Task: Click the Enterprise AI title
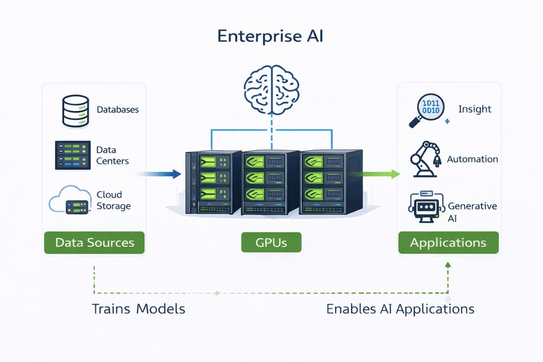[x=271, y=36]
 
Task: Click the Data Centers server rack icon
[x=72, y=155]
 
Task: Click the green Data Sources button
[x=94, y=242]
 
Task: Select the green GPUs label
[x=271, y=242]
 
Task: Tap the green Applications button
[x=448, y=242]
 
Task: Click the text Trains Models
[x=138, y=309]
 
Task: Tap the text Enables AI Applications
[x=400, y=309]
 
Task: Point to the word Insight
[x=475, y=109]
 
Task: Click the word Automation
[x=472, y=159]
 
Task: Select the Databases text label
[x=118, y=110]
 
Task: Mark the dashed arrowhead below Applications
[x=448, y=264]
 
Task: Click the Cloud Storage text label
[x=113, y=201]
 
